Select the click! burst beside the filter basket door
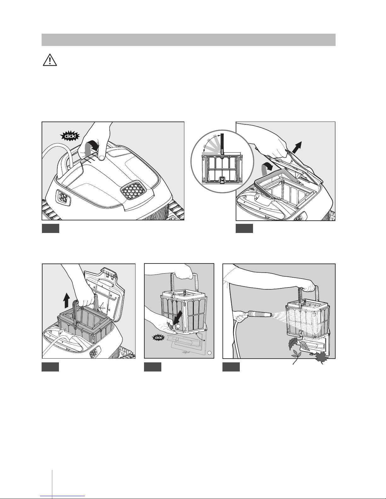tap(158, 338)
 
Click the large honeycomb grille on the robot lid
tap(132, 189)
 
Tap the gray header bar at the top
tap(188, 40)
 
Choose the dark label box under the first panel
tap(51, 229)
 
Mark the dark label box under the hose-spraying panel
tap(231, 367)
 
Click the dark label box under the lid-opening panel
tap(245, 229)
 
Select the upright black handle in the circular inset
tap(222, 143)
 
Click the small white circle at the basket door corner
tap(209, 352)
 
